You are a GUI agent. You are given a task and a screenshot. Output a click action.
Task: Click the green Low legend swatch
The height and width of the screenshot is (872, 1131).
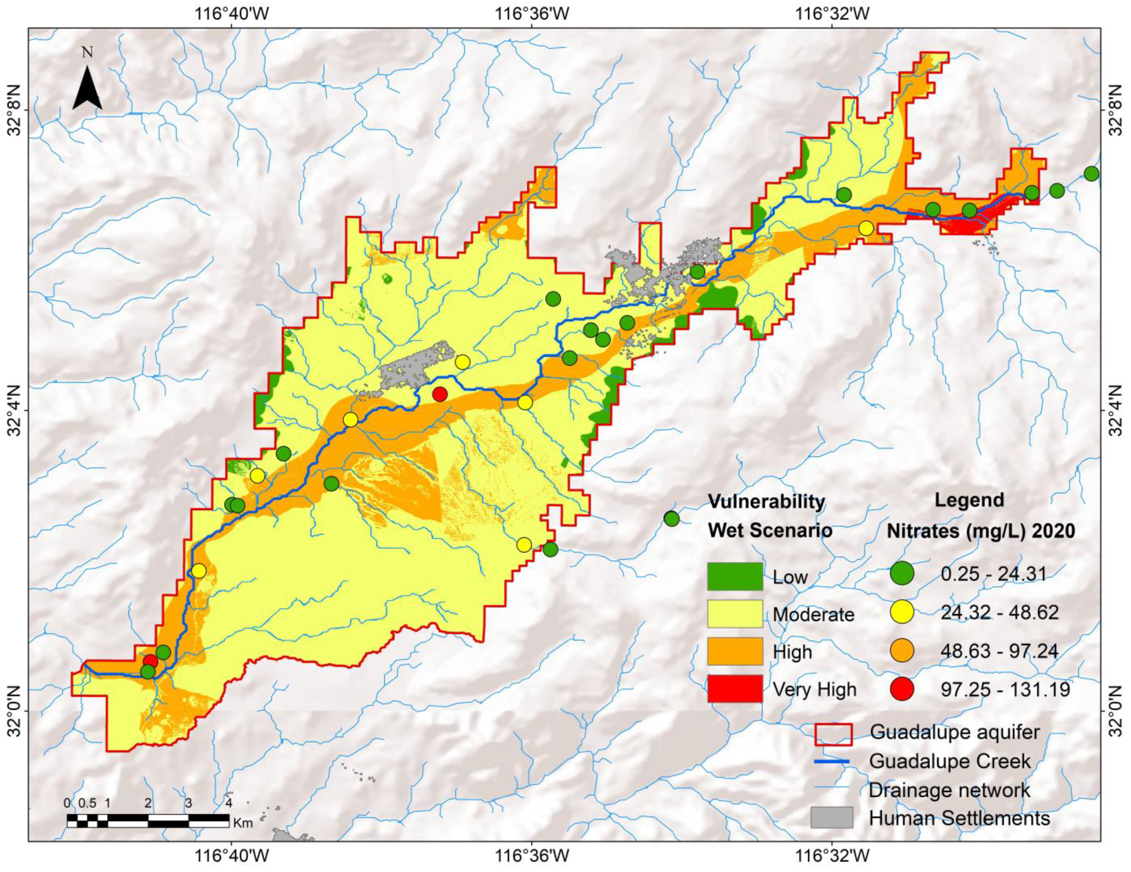click(x=735, y=576)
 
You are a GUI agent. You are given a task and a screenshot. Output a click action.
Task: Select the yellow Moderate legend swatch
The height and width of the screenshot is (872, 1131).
click(x=735, y=614)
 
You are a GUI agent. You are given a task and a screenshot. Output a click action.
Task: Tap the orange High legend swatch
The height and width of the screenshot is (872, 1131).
click(x=735, y=651)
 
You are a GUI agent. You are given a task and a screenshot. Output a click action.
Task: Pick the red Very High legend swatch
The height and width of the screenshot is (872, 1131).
click(x=735, y=689)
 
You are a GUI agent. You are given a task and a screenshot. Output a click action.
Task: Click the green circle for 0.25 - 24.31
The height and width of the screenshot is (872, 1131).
click(x=902, y=574)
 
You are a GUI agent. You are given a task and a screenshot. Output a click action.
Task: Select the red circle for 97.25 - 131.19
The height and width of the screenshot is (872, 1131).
click(x=902, y=689)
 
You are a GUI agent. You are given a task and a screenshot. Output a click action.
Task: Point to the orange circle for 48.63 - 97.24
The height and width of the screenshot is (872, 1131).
click(x=902, y=650)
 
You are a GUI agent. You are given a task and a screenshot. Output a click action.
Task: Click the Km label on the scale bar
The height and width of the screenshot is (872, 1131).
click(x=243, y=823)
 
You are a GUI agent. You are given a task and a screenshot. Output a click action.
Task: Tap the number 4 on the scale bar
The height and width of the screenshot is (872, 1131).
click(x=229, y=804)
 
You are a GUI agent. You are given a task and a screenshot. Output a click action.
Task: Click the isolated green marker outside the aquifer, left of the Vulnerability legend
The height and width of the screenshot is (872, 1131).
click(x=671, y=519)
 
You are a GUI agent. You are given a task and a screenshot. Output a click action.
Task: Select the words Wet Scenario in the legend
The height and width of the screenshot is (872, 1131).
click(x=770, y=530)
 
